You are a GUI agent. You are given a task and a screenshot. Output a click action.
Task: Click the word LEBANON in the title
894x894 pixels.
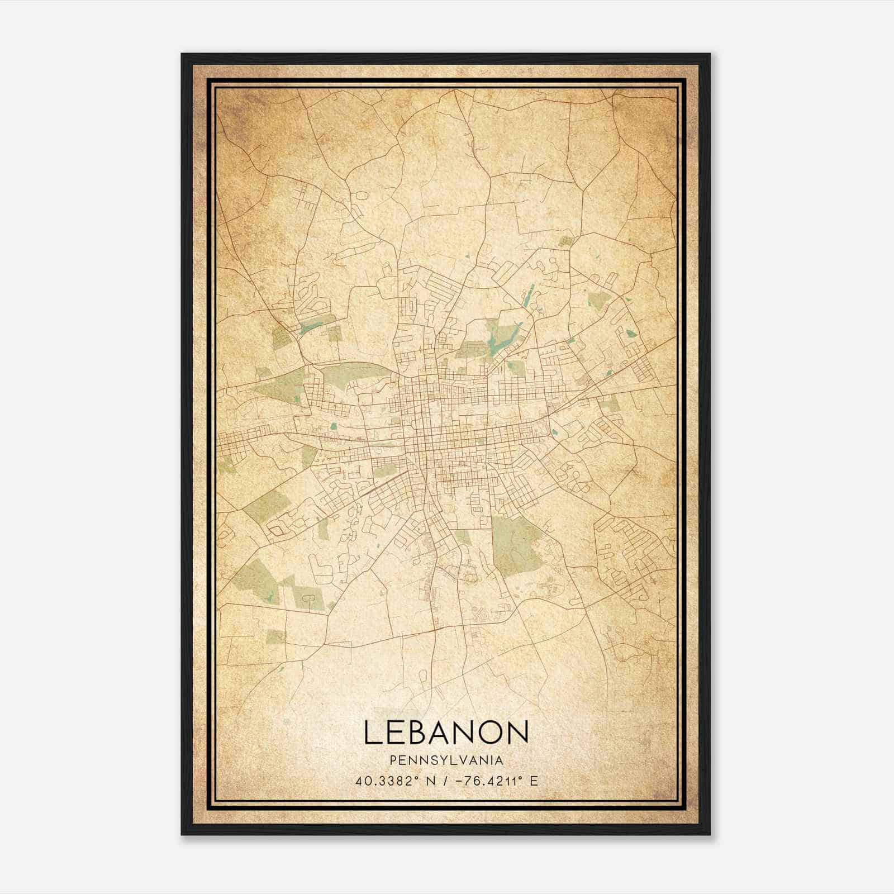coord(446,732)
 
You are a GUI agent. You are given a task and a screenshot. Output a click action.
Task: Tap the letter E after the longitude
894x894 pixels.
coord(534,781)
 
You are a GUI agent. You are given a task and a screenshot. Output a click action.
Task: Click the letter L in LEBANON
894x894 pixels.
coord(373,732)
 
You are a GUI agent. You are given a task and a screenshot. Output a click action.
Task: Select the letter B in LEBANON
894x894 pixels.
coord(420,732)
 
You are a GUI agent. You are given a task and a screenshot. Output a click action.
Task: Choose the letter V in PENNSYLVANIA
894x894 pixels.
coord(460,760)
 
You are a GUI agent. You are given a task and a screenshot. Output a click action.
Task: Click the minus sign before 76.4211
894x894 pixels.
coord(460,781)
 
